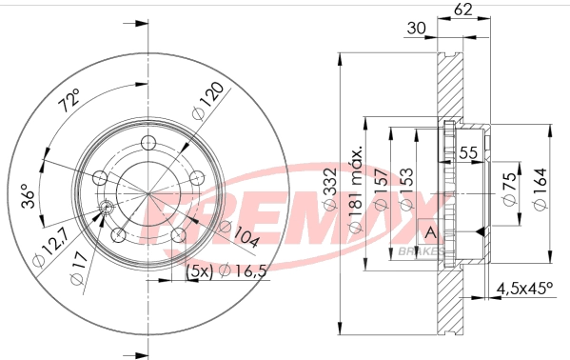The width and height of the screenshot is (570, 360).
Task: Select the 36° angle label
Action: click(x=29, y=195)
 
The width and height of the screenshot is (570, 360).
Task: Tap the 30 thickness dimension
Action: click(x=415, y=29)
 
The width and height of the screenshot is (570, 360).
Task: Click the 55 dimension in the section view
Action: click(x=468, y=152)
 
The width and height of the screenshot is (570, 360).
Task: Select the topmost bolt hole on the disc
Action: click(x=147, y=142)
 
